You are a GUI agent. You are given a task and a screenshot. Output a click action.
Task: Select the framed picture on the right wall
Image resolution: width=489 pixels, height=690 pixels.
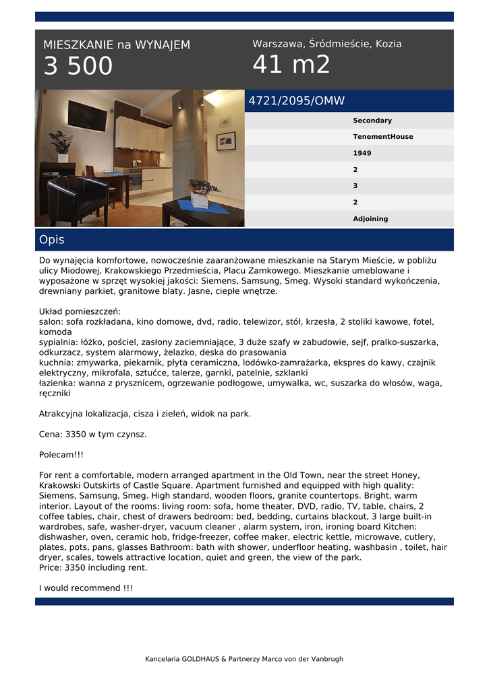226,140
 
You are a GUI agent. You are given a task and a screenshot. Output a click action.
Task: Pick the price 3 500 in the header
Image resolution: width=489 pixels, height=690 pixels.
78,67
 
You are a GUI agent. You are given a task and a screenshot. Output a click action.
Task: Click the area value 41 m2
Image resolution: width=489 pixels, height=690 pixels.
291,65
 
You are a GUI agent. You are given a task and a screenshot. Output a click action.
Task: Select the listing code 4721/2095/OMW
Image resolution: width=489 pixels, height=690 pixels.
297,101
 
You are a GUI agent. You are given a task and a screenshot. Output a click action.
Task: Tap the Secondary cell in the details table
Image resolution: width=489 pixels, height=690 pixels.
372,121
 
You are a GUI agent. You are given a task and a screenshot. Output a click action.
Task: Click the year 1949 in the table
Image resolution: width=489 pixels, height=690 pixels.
362,153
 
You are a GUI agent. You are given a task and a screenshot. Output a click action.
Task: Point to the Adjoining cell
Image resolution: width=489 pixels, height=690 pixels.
370,219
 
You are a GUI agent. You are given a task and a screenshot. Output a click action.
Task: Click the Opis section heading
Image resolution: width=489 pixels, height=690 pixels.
52,240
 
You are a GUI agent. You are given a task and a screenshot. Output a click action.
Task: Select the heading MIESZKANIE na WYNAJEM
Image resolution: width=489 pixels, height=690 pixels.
117,45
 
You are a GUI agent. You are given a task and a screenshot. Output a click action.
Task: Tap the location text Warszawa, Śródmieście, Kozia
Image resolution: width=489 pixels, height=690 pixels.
327,44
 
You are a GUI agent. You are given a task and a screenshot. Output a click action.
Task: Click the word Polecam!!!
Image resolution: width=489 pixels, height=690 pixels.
61,455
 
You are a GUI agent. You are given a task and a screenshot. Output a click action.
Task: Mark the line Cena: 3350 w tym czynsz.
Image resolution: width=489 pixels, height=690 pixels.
93,434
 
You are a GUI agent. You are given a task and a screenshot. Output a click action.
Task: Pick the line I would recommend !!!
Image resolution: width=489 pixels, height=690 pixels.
86,588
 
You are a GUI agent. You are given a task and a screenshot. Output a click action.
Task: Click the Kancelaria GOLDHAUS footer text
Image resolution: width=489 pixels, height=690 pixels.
244,659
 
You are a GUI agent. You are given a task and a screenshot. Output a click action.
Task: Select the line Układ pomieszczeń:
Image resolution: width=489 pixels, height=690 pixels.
80,312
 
